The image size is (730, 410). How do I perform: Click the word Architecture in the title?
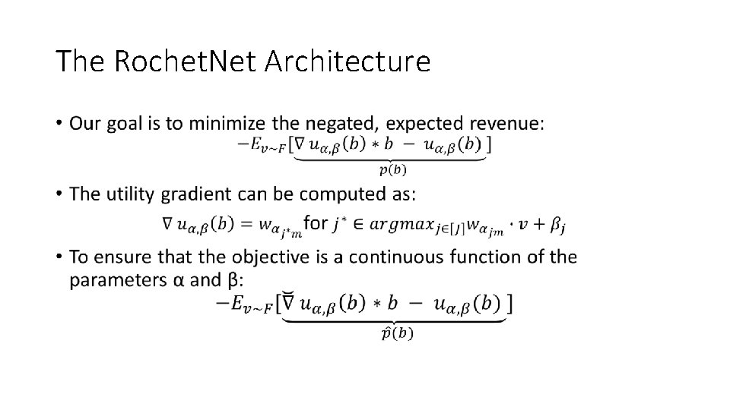coord(348,61)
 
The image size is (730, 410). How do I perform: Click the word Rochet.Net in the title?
coord(185,61)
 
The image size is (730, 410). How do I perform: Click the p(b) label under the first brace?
coord(392,169)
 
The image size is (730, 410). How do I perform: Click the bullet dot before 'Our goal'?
coord(59,123)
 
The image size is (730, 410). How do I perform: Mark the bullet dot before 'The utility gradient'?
coord(59,194)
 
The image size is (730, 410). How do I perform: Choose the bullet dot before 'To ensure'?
coord(59,257)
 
